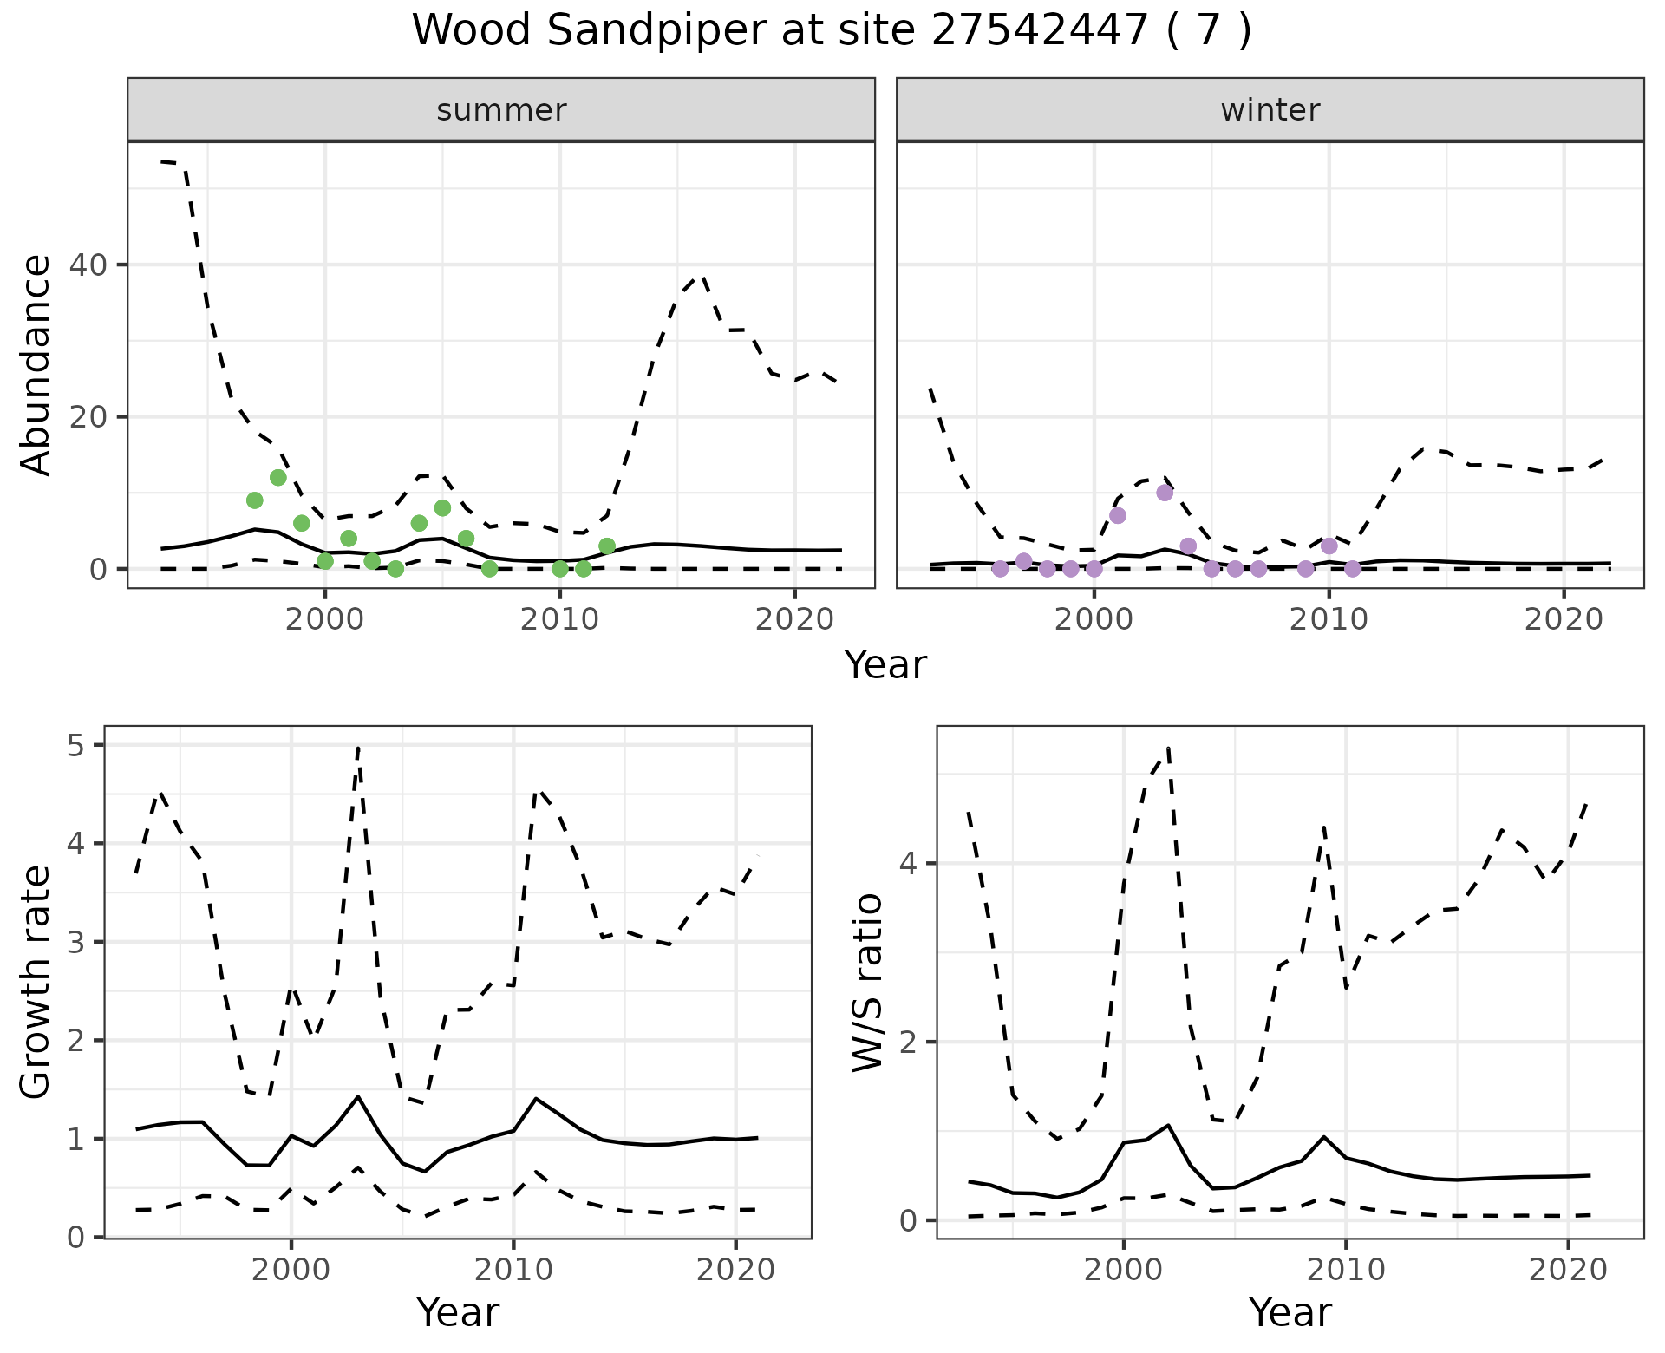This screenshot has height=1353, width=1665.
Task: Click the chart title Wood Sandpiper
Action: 831,31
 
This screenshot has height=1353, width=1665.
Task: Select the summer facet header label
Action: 501,110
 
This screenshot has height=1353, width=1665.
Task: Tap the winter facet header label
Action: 1270,110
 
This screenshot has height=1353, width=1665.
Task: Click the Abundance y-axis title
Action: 36,364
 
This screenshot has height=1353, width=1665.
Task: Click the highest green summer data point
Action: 278,477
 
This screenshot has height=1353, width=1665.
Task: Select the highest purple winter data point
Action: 1165,493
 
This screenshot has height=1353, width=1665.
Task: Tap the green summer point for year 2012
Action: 607,546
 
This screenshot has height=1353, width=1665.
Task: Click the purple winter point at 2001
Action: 1118,515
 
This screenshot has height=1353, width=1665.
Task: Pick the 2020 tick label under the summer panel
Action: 794,619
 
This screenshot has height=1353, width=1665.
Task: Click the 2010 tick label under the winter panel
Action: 1329,619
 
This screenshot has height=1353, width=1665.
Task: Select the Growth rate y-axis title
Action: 36,982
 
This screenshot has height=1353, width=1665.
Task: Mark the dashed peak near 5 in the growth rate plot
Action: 358,747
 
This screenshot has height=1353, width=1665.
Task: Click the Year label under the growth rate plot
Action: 458,1312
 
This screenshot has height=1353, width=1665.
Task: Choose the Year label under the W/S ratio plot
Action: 1290,1312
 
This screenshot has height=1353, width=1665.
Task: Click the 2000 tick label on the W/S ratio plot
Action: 1124,1271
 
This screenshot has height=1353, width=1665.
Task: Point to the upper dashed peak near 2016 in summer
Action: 701,277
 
